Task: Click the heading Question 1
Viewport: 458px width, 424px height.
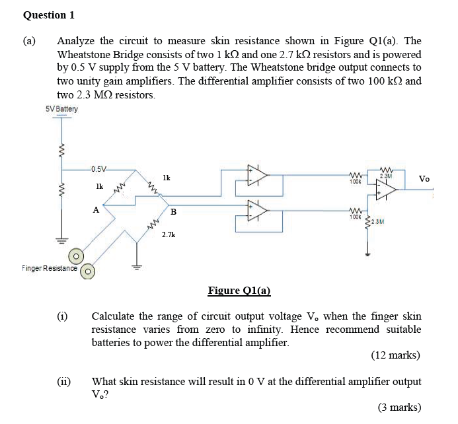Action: point(49,15)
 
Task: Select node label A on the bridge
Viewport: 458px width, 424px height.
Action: point(96,210)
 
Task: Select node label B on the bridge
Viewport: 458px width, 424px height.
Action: point(173,212)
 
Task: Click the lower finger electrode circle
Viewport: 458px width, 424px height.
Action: point(87,271)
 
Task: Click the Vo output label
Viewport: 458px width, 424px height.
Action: point(424,179)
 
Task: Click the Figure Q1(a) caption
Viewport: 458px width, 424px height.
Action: point(239,291)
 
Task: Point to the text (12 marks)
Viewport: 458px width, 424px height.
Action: point(395,355)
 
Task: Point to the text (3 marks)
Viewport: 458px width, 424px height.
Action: point(399,407)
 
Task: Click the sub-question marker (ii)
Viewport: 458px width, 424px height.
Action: point(63,381)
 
